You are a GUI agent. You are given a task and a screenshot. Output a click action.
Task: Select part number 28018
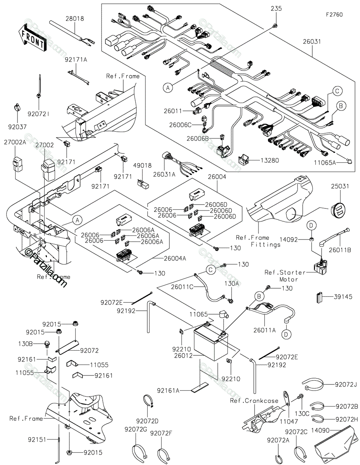click(74, 19)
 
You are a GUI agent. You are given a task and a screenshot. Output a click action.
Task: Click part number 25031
click(339, 186)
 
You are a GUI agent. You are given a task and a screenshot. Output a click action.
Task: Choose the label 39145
click(343, 297)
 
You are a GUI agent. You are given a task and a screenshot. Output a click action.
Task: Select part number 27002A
click(15, 142)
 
